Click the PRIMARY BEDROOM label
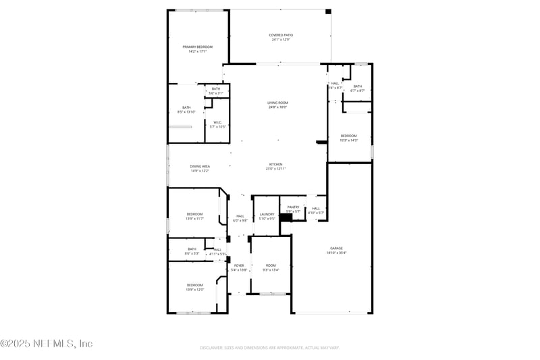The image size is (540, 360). (197, 47)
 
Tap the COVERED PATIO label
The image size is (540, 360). (281, 35)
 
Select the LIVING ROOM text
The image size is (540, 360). (277, 103)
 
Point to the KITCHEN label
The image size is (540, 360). (275, 164)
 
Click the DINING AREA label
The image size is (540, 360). (200, 166)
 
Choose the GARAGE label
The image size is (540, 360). (336, 249)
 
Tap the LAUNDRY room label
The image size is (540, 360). (267, 214)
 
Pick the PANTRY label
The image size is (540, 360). (293, 207)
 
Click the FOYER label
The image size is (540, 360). (239, 265)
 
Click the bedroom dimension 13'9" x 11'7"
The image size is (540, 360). (194, 218)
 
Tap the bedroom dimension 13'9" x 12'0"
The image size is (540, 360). (194, 290)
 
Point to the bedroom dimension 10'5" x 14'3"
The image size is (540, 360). (348, 140)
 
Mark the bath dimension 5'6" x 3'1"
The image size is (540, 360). (215, 93)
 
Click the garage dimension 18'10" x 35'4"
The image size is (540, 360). (336, 253)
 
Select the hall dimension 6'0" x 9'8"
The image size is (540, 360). (240, 220)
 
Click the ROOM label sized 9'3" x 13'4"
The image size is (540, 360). (271, 265)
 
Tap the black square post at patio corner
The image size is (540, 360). (328, 11)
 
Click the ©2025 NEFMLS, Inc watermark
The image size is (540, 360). (46, 344)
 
